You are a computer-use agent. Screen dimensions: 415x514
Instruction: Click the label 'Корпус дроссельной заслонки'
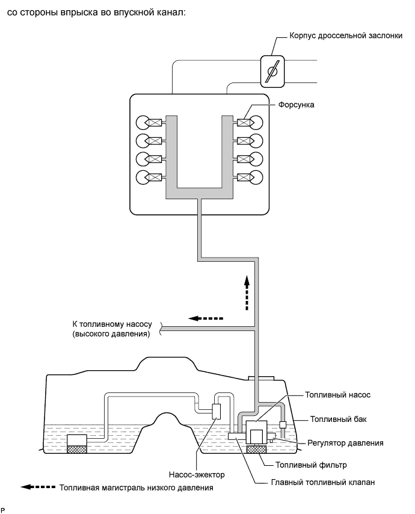tap(346, 36)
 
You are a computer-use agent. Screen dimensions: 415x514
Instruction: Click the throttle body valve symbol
tap(272, 72)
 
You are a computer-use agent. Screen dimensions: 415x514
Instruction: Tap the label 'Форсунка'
tap(296, 105)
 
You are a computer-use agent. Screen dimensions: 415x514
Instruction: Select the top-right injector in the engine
tap(244, 123)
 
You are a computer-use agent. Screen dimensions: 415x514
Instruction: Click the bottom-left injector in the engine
tap(155, 178)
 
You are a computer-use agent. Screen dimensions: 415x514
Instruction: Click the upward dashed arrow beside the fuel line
tap(247, 293)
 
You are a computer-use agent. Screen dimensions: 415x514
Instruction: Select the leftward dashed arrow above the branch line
tap(206, 318)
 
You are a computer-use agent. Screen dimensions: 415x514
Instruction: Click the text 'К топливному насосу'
tap(112, 324)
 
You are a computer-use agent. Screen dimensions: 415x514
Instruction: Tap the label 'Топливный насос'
tap(337, 395)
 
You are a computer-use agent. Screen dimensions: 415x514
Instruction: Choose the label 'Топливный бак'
tap(339, 420)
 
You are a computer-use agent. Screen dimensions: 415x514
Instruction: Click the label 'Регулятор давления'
tap(345, 443)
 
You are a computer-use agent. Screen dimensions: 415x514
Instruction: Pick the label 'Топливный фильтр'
tap(311, 465)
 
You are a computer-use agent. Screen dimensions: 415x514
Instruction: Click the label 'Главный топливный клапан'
tap(323, 483)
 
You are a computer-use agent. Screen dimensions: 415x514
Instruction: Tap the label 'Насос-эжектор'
tap(197, 474)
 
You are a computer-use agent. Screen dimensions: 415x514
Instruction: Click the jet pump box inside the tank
tap(217, 412)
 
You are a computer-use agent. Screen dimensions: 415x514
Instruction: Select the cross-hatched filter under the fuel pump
tap(256, 449)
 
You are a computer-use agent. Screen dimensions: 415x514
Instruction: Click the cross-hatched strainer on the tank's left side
tap(77, 449)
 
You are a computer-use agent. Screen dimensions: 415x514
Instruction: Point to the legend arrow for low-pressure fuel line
tap(38, 487)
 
